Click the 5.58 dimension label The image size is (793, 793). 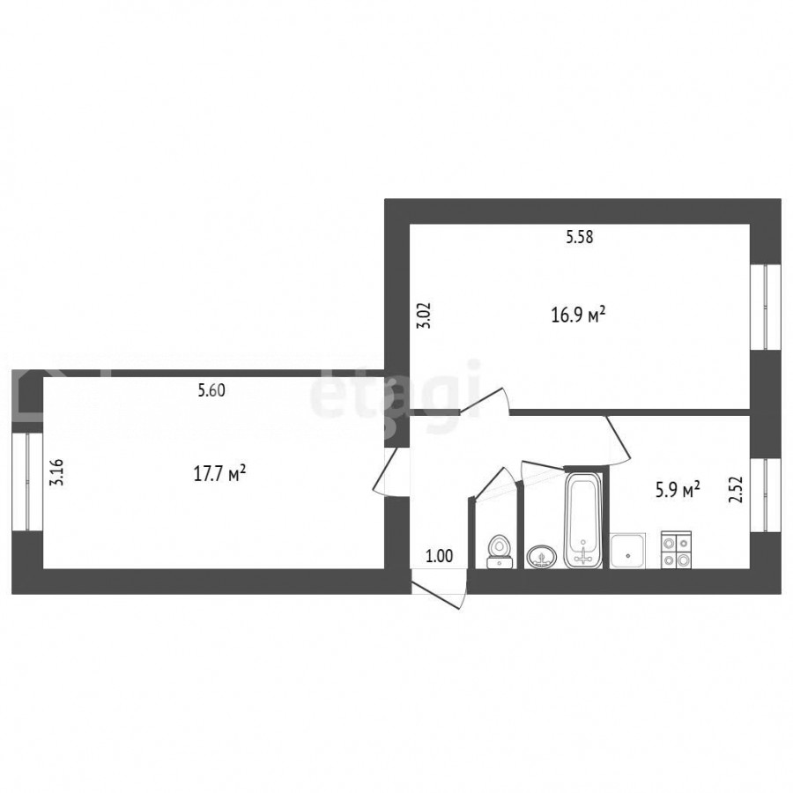pyautogui.click(x=580, y=237)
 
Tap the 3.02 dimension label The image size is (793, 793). pyautogui.click(x=424, y=315)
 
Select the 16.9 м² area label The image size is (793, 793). pyautogui.click(x=578, y=315)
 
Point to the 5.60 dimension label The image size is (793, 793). pyautogui.click(x=211, y=390)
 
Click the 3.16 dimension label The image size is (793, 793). pyautogui.click(x=56, y=472)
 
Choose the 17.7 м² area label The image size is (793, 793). pyautogui.click(x=220, y=474)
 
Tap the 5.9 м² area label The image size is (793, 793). pyautogui.click(x=678, y=490)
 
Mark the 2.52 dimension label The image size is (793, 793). pyautogui.click(x=736, y=490)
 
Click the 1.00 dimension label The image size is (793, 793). pyautogui.click(x=440, y=556)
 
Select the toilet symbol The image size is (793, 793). pyautogui.click(x=500, y=552)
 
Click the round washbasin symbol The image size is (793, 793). pyautogui.click(x=542, y=557)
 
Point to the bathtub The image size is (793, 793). pyautogui.click(x=583, y=520)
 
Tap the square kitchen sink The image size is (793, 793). pyautogui.click(x=627, y=551)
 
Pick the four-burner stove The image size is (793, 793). pyautogui.click(x=676, y=550)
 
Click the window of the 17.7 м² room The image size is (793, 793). pyautogui.click(x=21, y=482)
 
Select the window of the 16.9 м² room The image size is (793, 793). pyautogui.click(x=758, y=307)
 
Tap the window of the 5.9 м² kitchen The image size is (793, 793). pyautogui.click(x=758, y=495)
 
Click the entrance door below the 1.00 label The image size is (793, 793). pyautogui.click(x=438, y=589)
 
